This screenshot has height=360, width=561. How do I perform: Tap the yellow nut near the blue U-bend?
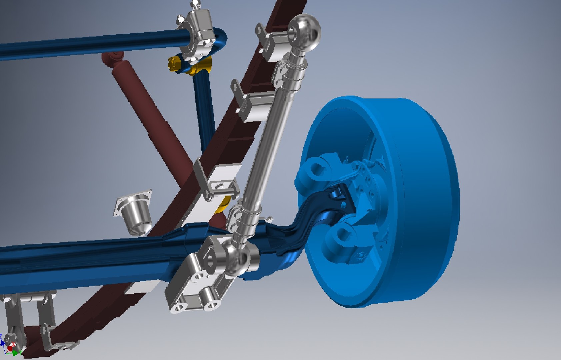(173, 63)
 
